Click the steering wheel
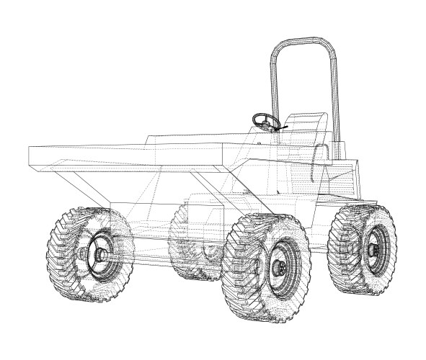click(x=266, y=120)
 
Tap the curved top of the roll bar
click(x=303, y=42)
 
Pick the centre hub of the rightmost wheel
click(x=373, y=250)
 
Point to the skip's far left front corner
click(x=29, y=155)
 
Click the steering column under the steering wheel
click(x=268, y=137)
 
